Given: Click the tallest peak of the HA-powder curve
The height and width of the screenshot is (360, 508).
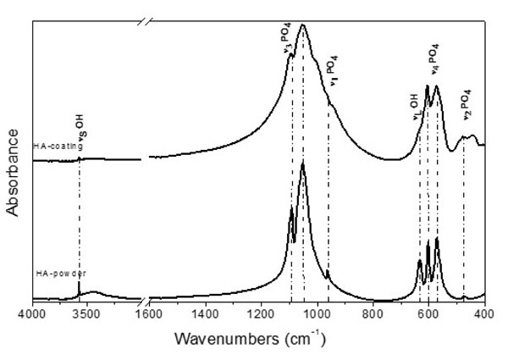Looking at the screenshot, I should [x=302, y=169].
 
